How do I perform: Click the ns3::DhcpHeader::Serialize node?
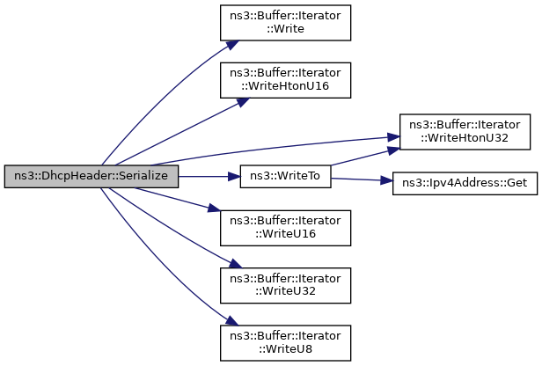click(x=92, y=176)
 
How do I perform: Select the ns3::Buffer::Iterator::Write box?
click(x=285, y=21)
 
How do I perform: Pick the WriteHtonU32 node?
click(x=465, y=130)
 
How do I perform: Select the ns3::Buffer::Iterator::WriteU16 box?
click(x=285, y=227)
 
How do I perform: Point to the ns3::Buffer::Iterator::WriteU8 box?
click(x=285, y=343)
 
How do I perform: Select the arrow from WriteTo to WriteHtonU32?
click(x=361, y=157)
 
